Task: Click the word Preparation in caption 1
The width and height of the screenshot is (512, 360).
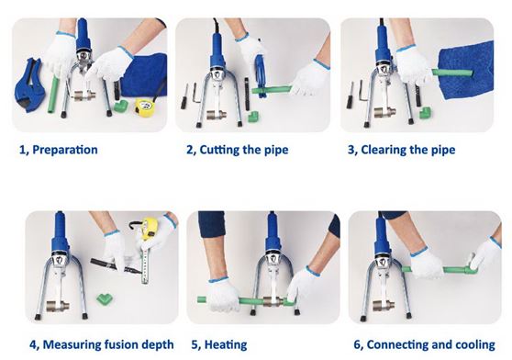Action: tap(65, 150)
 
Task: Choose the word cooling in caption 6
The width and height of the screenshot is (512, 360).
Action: tap(475, 345)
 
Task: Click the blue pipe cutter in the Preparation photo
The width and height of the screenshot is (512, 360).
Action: tap(30, 85)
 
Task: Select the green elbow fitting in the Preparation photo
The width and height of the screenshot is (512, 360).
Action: tap(121, 107)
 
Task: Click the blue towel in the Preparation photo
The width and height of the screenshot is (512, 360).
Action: tap(145, 75)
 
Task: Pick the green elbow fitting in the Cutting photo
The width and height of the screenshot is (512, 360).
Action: tap(253, 117)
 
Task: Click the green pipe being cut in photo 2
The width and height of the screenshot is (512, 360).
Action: tap(271, 89)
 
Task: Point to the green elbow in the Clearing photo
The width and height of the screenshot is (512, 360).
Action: tap(424, 113)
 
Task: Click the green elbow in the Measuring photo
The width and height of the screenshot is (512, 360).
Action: tap(106, 298)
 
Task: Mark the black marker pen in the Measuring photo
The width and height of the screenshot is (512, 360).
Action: tap(116, 265)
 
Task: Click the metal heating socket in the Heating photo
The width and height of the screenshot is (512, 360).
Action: tap(273, 301)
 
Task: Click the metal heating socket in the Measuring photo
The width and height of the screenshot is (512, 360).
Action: tap(58, 306)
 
